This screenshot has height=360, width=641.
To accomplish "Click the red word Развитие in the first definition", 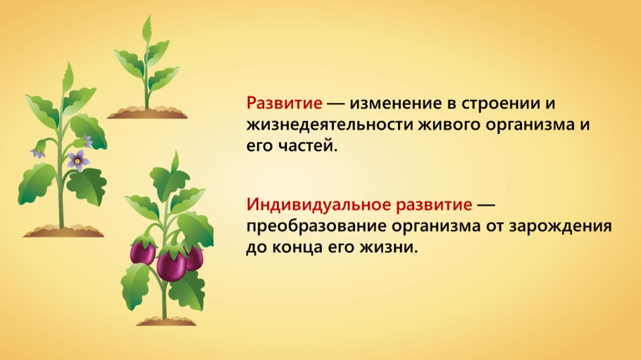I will [284, 103].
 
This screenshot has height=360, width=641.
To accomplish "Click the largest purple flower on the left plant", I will [78, 160].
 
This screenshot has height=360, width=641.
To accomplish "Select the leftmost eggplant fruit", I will [143, 251].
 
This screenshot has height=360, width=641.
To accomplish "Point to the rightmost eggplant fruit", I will [194, 256].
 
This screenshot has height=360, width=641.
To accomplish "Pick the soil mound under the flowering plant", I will [63, 230].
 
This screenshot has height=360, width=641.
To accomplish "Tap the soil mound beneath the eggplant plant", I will [166, 321].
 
